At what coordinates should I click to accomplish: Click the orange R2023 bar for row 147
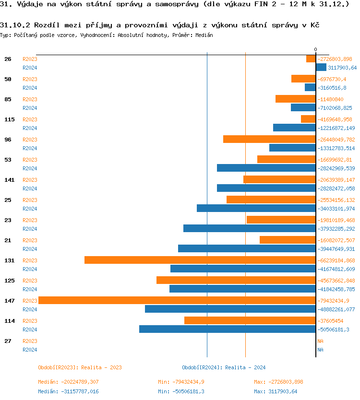pos(177,300)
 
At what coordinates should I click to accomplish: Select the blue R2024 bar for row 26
pos(321,68)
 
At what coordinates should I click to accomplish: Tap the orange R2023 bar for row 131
pos(200,260)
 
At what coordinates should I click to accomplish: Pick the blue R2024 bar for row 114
pos(227,329)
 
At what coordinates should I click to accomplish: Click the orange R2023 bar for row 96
pos(269,139)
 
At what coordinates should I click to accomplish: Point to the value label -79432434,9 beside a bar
pos(336,301)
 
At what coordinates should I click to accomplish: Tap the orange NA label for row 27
pos(320,341)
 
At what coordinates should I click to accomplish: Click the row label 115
pos(10,119)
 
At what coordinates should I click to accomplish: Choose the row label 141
pos(10,180)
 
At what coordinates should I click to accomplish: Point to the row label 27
pos(8,341)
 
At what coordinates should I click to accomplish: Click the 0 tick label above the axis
pos(315,49)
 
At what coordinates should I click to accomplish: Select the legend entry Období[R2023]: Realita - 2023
pos(80,367)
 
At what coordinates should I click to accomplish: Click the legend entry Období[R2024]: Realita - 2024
pos(224,367)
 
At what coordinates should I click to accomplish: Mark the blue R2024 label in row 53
pos(30,168)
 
